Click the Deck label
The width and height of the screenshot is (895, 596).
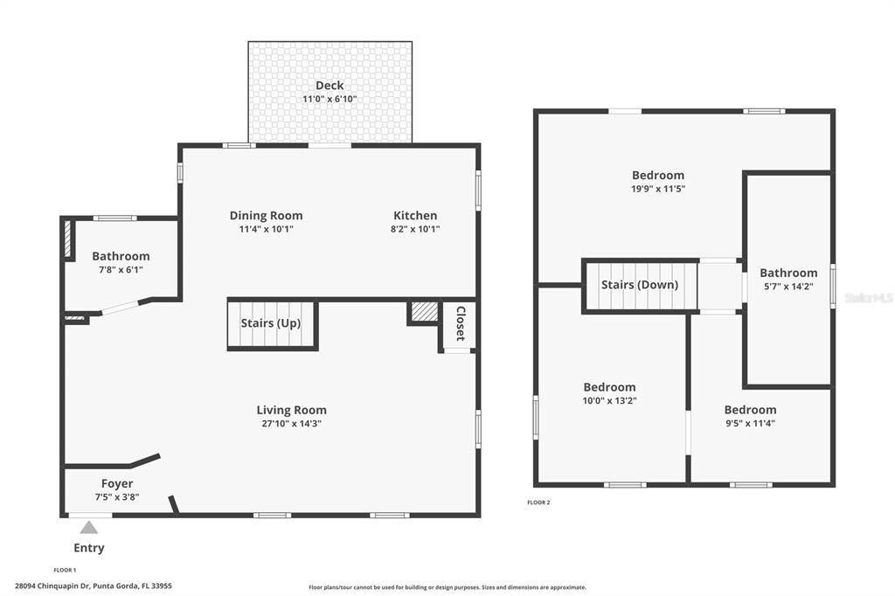tap(330, 86)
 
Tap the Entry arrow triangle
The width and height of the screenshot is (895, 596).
tap(88, 527)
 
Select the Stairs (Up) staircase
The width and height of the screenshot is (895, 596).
tap(271, 324)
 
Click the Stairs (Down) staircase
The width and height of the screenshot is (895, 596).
tap(640, 286)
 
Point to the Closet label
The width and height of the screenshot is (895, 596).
tap(460, 323)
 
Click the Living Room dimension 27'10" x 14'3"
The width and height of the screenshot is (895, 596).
tap(291, 424)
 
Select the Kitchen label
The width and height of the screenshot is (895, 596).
tap(415, 216)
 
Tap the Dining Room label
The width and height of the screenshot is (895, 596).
tap(266, 216)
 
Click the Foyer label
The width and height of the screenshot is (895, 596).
tap(117, 483)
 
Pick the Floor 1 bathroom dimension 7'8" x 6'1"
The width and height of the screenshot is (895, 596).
tap(121, 270)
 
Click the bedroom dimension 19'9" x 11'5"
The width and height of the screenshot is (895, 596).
tap(658, 189)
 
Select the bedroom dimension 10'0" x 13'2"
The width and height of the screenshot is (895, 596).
tap(609, 401)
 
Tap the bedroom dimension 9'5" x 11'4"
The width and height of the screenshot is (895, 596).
tap(750, 424)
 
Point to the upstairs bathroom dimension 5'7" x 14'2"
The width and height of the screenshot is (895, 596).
tap(788, 287)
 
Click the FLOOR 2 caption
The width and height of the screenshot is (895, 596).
tap(538, 502)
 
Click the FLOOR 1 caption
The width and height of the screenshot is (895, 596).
tap(65, 570)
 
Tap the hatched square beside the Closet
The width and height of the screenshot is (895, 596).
tap(424, 312)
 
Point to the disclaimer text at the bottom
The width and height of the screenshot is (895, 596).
tap(447, 587)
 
